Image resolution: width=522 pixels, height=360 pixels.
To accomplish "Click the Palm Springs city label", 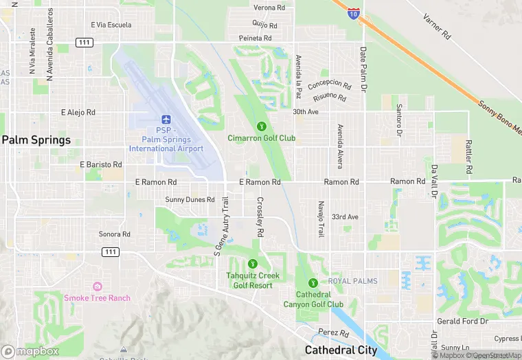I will (x=36, y=140).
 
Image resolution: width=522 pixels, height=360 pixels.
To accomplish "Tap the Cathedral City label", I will (x=341, y=350).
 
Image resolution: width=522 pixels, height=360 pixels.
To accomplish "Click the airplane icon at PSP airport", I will (x=166, y=120).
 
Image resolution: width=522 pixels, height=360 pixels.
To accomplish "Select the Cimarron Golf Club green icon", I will (x=261, y=126).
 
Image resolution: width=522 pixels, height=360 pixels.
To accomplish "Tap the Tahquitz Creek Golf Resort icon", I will (x=252, y=264).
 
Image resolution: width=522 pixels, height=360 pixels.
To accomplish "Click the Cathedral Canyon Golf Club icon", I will (x=313, y=282).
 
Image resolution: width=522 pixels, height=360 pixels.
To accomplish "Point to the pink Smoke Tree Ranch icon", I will (x=97, y=286).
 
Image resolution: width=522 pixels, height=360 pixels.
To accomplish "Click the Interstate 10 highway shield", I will (x=352, y=13).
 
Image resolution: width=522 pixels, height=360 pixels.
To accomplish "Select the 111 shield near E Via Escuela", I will (x=84, y=43).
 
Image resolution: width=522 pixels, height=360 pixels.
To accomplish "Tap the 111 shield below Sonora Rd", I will (x=110, y=252).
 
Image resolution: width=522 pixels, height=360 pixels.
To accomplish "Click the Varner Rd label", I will (x=436, y=26).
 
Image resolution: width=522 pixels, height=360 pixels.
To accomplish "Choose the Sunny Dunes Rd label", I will (x=190, y=200).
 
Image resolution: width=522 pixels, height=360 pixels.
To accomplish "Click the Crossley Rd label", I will (x=261, y=218).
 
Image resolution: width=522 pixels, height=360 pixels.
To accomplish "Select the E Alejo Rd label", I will (x=78, y=112).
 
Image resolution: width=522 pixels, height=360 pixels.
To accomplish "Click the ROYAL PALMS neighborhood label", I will (x=352, y=282).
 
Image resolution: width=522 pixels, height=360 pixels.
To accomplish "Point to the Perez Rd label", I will (x=334, y=333).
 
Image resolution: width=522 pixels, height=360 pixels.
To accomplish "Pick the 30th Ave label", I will (x=306, y=111).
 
